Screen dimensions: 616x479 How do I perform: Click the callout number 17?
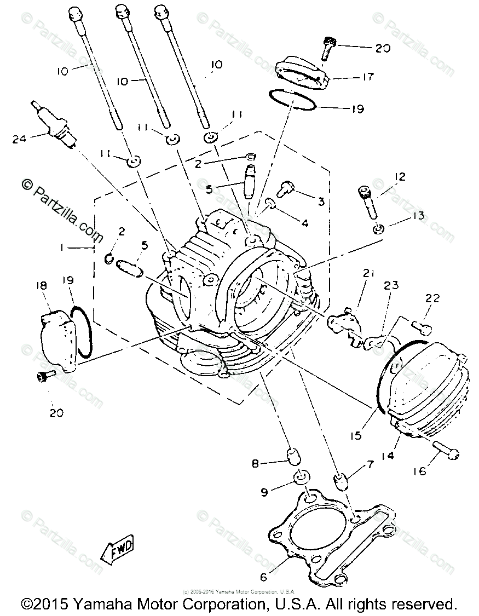[368, 77]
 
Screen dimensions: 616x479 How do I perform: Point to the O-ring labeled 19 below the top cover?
[293, 100]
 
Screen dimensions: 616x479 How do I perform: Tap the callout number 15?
[356, 436]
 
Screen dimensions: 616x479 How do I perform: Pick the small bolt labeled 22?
[422, 327]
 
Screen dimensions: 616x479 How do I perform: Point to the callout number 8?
[255, 464]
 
